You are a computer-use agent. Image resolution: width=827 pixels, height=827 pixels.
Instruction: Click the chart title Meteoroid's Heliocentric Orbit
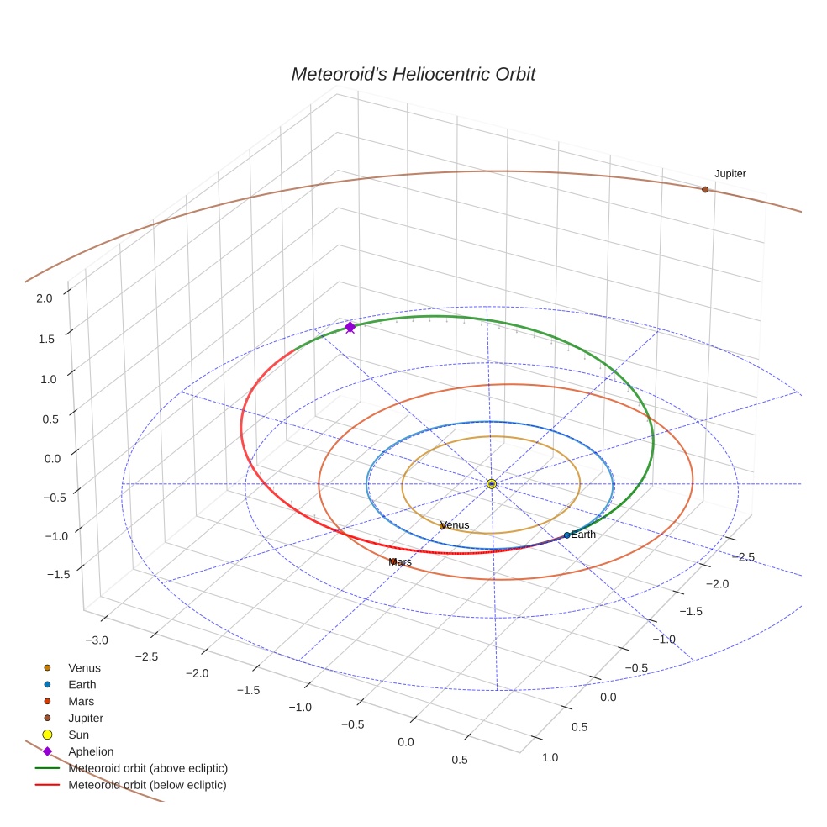point(413,74)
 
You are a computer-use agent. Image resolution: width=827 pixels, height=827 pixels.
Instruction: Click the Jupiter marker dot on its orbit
point(705,190)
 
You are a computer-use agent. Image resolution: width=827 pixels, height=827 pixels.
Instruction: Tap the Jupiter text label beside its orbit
point(730,174)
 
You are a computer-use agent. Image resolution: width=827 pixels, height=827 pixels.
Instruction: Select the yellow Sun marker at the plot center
point(492,484)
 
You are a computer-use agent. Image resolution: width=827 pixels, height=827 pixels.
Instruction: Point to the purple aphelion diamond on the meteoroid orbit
point(350,327)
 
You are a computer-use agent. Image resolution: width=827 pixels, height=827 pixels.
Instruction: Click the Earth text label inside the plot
point(583,535)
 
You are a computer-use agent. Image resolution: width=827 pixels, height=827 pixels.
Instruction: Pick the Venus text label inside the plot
point(456,525)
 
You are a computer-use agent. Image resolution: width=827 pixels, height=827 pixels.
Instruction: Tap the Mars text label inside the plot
point(401,561)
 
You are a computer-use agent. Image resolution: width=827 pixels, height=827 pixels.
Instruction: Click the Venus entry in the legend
point(84,668)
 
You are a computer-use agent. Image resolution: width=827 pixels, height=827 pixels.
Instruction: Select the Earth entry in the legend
point(82,685)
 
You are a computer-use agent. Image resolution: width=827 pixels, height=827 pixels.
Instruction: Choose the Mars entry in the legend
point(82,702)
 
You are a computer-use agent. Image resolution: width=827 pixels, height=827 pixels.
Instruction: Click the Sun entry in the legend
point(78,735)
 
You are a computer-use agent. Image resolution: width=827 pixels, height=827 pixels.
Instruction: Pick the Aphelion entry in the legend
point(91,752)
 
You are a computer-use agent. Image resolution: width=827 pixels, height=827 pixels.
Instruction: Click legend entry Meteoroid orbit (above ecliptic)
point(148,768)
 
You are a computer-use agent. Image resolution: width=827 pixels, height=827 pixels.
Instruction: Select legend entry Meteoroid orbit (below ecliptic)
point(147,785)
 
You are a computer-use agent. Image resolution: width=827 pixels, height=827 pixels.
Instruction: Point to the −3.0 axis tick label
point(97,640)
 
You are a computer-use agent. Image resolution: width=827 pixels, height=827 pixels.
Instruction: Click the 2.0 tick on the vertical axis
point(45,298)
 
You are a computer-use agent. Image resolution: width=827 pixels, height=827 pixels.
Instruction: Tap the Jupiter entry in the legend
point(86,719)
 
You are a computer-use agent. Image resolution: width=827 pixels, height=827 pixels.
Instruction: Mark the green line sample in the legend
point(47,768)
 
